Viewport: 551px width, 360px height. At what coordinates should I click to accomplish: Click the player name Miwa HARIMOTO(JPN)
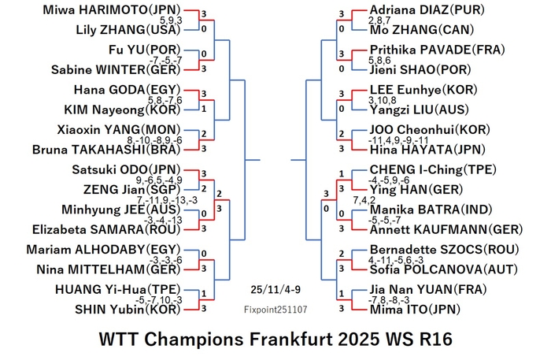(112, 9)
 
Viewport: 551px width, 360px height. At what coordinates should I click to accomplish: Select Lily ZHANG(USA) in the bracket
(128, 30)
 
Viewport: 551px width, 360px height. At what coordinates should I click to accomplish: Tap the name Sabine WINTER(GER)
(116, 69)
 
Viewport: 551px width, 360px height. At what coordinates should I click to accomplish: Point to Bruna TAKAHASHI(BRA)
(106, 150)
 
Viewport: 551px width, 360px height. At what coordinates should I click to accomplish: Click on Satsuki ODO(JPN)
(126, 170)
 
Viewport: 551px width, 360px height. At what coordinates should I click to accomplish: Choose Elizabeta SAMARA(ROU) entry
(106, 229)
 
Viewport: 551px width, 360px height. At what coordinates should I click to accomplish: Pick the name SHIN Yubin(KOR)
(128, 310)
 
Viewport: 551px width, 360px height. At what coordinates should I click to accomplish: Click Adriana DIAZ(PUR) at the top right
(427, 9)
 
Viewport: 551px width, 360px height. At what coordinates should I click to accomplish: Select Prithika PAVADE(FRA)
(437, 50)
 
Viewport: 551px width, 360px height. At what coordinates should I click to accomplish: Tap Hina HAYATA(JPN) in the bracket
(427, 150)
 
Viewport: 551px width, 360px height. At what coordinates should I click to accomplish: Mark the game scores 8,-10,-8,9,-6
(154, 140)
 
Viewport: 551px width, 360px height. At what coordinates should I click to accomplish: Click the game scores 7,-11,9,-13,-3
(167, 200)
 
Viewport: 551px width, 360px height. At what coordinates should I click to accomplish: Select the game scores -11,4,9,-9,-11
(398, 140)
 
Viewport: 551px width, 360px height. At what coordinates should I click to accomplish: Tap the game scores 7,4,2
(364, 200)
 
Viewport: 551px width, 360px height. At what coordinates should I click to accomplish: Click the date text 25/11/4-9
(275, 290)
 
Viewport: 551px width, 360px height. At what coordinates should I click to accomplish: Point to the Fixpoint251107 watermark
(275, 310)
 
